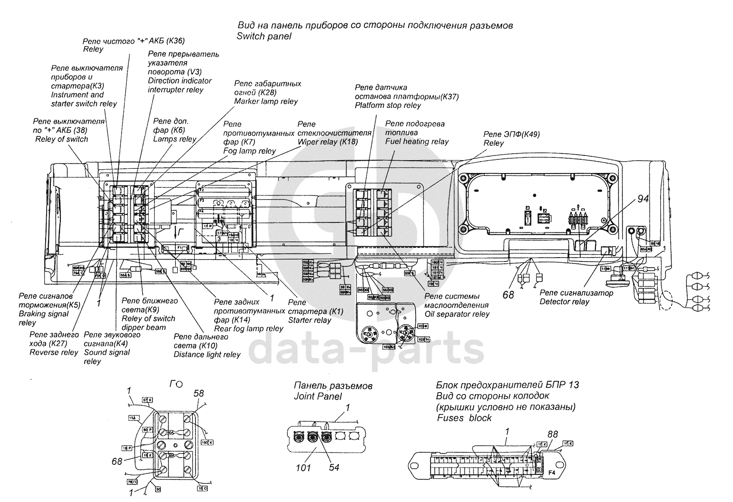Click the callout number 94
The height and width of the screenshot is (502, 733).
click(x=643, y=199)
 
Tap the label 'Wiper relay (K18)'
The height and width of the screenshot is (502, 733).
click(x=327, y=142)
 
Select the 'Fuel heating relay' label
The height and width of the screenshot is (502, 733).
click(x=417, y=141)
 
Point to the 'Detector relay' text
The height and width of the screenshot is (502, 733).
click(x=564, y=302)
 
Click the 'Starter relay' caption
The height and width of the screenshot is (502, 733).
click(x=310, y=320)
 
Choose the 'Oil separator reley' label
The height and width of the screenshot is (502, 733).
click(x=457, y=314)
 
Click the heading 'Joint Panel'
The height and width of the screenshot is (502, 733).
click(x=318, y=396)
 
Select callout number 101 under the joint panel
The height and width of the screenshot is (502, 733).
click(x=303, y=467)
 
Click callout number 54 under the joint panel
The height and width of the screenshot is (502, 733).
click(x=334, y=467)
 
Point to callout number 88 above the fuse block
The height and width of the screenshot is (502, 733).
click(x=552, y=434)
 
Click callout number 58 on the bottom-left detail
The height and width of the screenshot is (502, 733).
click(x=198, y=393)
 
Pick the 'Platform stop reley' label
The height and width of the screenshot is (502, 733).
click(x=388, y=106)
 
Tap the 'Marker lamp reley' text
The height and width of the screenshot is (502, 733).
click(x=266, y=101)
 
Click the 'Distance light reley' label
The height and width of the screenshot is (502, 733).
click(x=207, y=355)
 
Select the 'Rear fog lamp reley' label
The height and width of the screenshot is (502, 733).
click(x=249, y=328)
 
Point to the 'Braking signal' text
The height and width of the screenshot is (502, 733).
click(x=44, y=314)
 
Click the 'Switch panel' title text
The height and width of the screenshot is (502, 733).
click(x=264, y=37)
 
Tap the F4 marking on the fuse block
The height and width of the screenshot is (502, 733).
click(x=551, y=473)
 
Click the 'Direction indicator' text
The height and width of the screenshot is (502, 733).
click(x=180, y=81)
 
